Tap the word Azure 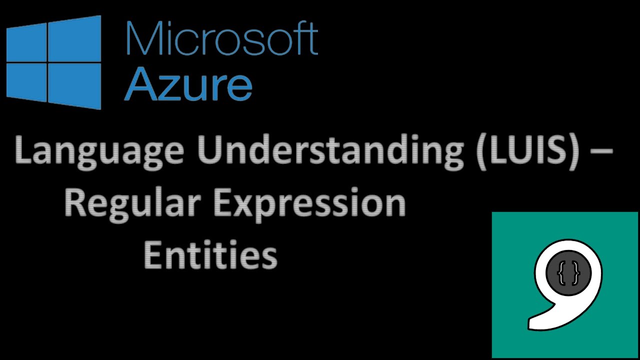[x=187, y=85]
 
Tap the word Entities [x=210, y=255]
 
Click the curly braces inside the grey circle [x=569, y=274]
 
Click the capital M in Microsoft [x=142, y=39]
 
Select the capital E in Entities [x=152, y=255]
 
